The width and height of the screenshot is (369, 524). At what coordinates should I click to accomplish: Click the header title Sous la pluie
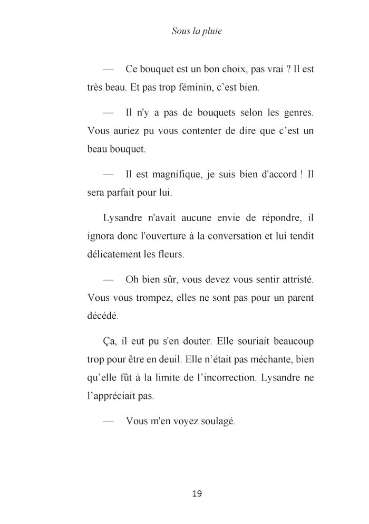tap(197, 31)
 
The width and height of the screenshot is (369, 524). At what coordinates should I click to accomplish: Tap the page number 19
tap(197, 494)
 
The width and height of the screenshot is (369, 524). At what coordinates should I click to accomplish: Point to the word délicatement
tap(115, 254)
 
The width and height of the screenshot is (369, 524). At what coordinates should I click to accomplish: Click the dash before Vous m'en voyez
tap(108, 421)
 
